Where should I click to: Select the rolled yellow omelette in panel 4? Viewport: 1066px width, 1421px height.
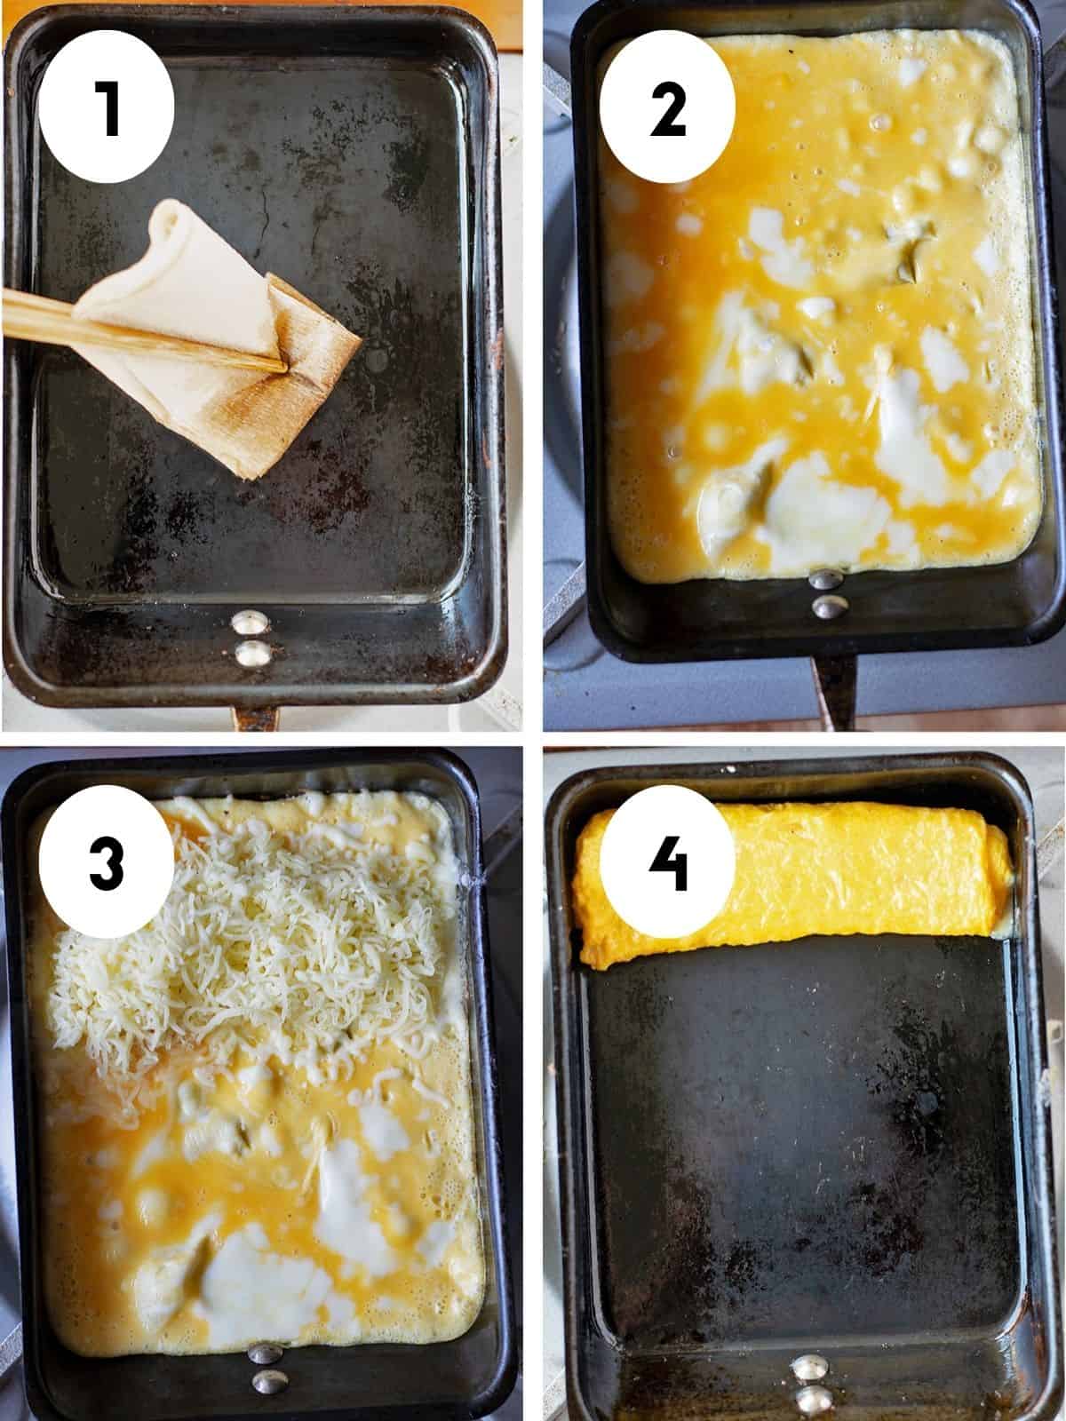pyautogui.click(x=791, y=879)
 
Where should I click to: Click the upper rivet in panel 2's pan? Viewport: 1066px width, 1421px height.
pyautogui.click(x=827, y=579)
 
